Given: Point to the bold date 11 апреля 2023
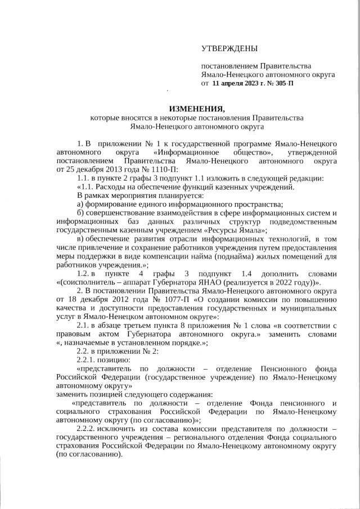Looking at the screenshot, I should pos(236,83).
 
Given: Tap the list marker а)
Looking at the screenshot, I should pos(80,204).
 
